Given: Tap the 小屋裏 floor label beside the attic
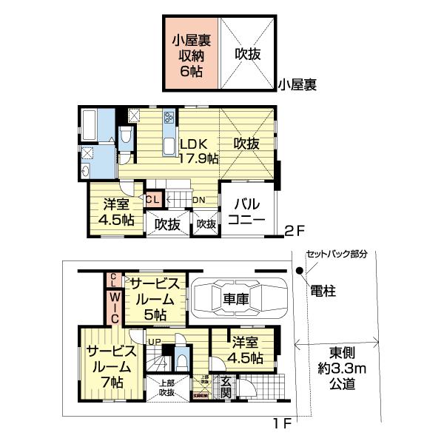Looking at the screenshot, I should [297, 85].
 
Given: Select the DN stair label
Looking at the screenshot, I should [199, 200].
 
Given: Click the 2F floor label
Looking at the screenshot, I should [295, 231].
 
